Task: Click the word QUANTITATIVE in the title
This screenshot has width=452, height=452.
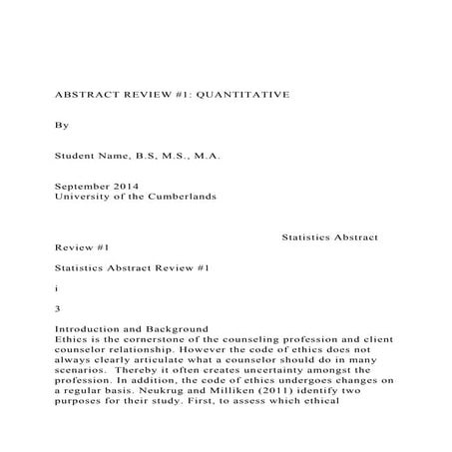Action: (x=246, y=93)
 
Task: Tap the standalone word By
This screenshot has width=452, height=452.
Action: (x=62, y=127)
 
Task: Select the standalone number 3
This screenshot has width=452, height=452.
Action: (x=58, y=308)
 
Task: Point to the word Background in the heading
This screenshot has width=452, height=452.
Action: (x=172, y=329)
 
